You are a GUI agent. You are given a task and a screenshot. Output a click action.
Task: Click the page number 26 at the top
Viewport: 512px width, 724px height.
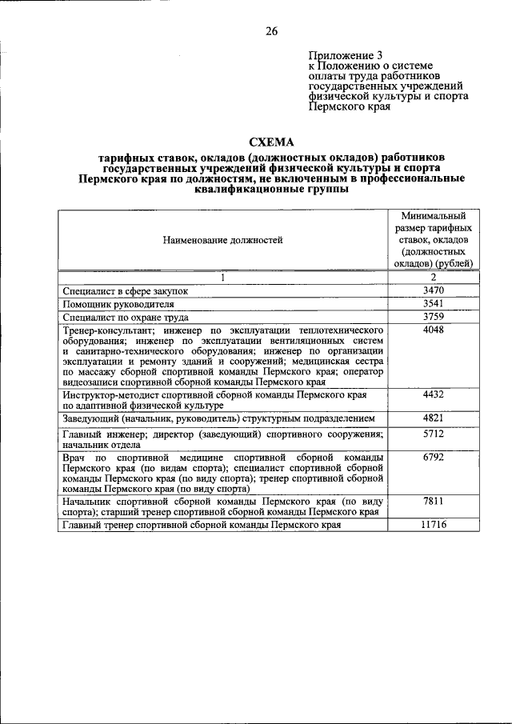point(271,31)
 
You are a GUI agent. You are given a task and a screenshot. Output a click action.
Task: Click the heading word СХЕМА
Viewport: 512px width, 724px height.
point(271,139)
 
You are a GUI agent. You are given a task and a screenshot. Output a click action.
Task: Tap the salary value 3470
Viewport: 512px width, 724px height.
point(434,290)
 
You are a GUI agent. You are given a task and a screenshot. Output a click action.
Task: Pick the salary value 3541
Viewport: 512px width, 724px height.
point(434,303)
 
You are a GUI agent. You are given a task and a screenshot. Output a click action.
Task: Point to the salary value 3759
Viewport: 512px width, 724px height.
point(434,316)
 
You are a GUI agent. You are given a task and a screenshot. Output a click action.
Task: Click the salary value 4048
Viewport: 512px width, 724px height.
point(434,329)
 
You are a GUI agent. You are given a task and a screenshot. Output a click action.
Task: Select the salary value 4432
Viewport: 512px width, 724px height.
point(434,394)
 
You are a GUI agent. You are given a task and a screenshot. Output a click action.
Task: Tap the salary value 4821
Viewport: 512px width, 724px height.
point(434,418)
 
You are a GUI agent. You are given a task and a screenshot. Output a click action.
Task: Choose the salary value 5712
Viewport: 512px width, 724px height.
point(434,434)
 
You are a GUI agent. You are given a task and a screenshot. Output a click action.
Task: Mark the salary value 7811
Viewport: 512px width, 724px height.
point(434,501)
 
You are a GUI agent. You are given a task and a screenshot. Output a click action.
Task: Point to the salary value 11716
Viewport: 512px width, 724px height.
point(434,525)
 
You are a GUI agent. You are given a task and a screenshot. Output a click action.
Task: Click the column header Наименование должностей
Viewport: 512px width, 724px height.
point(223,239)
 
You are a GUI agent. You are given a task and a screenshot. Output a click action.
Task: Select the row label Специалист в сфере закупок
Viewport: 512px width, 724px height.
point(126,291)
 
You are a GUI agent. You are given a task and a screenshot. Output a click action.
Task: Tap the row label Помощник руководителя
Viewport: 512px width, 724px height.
point(118,304)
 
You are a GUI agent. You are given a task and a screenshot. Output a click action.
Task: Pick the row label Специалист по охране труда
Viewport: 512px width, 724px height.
point(126,317)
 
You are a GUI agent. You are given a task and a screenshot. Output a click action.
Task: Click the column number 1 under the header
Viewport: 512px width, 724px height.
point(223,277)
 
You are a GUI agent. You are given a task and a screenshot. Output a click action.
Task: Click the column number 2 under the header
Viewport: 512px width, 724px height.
point(434,277)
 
